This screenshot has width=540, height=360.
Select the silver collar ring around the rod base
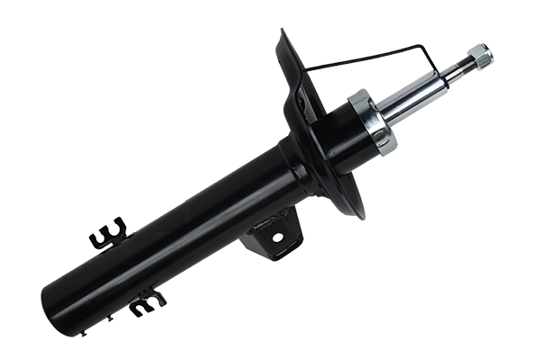372,121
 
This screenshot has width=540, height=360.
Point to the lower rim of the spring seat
356,212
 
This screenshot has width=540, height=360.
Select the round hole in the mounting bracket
277,238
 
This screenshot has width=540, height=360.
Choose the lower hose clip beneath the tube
146,302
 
